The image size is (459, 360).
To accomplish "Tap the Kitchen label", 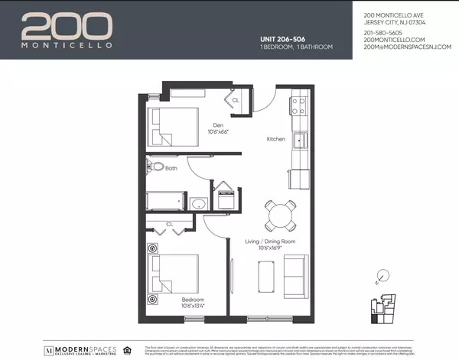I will point(275,140).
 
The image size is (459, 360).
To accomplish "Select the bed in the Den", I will point(170,126).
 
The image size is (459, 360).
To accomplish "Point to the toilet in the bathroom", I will point(155,167).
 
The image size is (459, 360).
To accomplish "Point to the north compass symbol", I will point(383,275).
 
